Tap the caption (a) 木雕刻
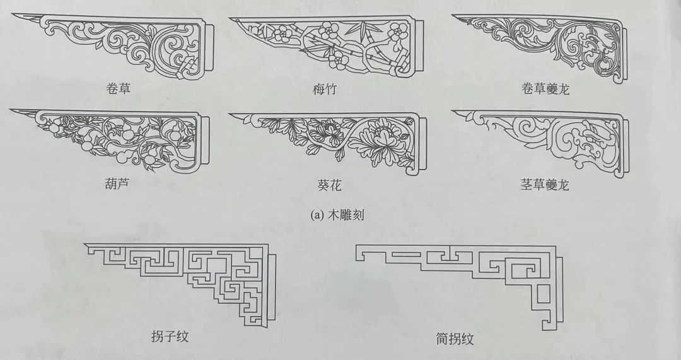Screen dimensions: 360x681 tap(337, 214)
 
